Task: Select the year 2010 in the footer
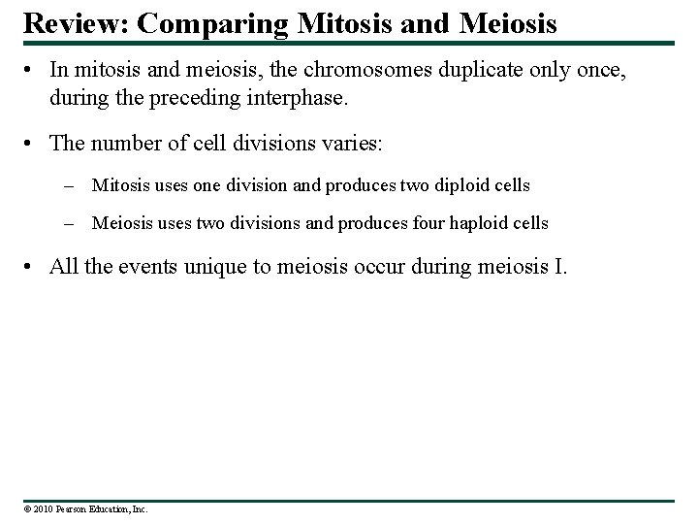(x=44, y=508)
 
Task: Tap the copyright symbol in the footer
(x=27, y=508)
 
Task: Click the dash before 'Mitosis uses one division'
(x=78, y=184)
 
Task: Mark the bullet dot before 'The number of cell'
(x=31, y=144)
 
